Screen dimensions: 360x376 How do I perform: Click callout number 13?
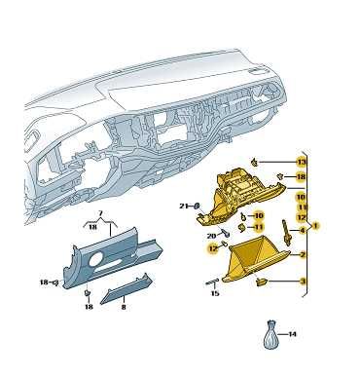click(x=302, y=162)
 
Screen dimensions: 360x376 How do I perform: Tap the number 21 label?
click(x=184, y=206)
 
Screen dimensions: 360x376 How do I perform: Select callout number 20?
click(x=211, y=236)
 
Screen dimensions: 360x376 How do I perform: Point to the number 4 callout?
click(x=303, y=231)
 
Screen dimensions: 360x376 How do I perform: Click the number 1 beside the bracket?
click(x=315, y=225)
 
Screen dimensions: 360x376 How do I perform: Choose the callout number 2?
click(x=303, y=255)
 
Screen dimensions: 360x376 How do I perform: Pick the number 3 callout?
click(x=303, y=282)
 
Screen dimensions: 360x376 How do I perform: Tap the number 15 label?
click(x=215, y=293)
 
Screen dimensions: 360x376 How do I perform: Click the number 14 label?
click(x=292, y=334)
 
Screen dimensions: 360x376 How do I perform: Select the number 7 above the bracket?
click(x=100, y=213)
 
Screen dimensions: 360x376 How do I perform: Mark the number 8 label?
click(x=124, y=306)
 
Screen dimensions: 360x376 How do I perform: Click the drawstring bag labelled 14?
click(x=270, y=335)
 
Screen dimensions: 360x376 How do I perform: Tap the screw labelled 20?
click(x=226, y=232)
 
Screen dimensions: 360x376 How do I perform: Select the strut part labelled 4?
click(x=286, y=232)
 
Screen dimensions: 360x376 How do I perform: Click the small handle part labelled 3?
click(x=262, y=282)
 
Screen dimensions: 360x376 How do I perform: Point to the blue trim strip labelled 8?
click(x=126, y=289)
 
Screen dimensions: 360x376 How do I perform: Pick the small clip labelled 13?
click(x=255, y=162)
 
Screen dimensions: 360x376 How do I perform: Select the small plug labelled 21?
click(x=197, y=206)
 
